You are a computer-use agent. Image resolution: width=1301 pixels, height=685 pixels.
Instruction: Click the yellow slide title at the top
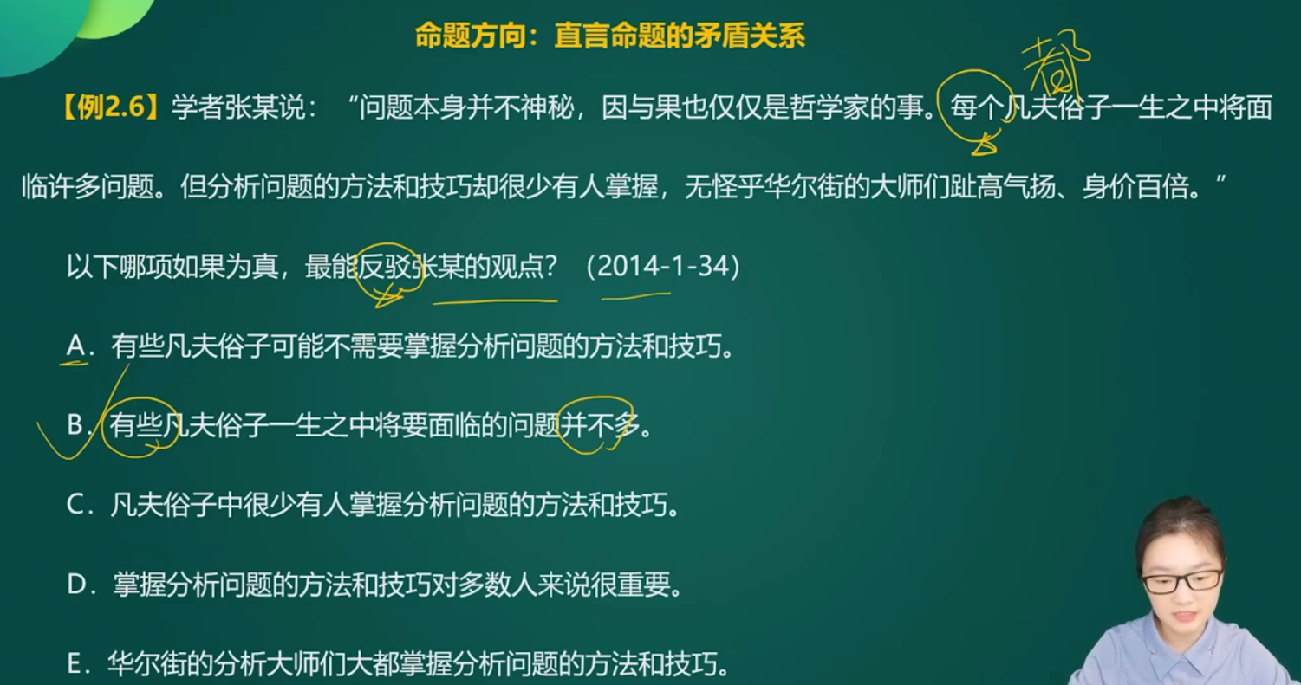pos(610,36)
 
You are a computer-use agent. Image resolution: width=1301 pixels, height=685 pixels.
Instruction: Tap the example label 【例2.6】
pos(110,107)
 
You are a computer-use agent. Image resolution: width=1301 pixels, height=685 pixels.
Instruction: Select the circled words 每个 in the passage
pos(977,108)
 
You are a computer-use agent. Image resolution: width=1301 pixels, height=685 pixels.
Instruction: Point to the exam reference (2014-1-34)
pos(663,267)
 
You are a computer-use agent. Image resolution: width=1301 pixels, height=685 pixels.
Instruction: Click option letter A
pos(76,346)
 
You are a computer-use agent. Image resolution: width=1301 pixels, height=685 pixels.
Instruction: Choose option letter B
pos(75,424)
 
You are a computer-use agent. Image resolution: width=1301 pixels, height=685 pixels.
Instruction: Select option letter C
pos(76,505)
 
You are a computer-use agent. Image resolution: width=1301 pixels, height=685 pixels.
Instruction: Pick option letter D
pos(76,584)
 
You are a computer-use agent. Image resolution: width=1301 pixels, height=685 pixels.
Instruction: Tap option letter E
pos(75,663)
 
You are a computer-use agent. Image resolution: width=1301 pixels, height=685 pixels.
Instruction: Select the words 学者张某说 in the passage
pos(238,108)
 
